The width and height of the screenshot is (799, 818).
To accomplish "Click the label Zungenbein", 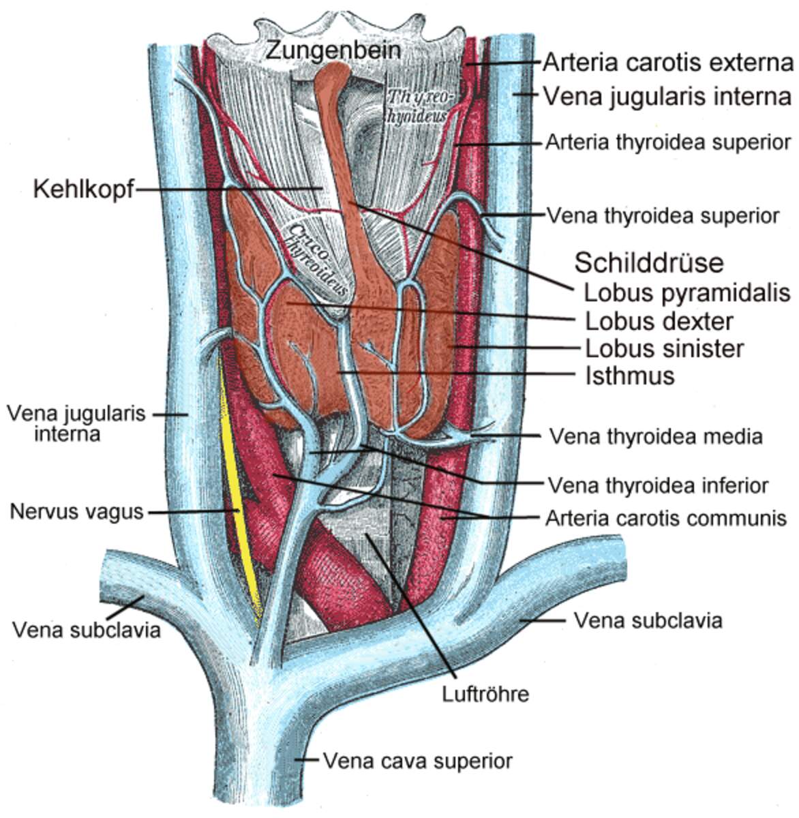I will click(x=333, y=50).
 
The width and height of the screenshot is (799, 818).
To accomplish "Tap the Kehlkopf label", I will click(x=83, y=190).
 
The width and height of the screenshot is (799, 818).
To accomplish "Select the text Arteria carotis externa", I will click(x=668, y=63).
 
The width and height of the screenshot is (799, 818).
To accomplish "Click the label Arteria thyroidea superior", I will click(x=668, y=142).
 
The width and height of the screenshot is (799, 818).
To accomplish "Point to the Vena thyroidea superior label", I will click(x=663, y=216).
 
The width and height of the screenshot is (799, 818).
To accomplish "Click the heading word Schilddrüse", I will click(x=649, y=262).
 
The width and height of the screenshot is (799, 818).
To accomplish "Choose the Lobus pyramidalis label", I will click(x=687, y=292).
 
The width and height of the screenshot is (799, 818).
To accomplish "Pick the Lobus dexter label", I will click(x=659, y=320).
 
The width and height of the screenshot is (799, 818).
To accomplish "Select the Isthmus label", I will click(x=629, y=376).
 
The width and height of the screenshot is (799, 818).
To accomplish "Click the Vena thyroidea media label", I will click(x=656, y=436).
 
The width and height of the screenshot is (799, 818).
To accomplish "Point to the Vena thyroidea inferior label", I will click(x=658, y=485).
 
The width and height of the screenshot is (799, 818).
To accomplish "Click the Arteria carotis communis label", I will click(x=666, y=519).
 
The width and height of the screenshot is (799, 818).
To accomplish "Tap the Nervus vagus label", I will click(x=76, y=511).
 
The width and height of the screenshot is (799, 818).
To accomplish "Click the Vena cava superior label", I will click(x=417, y=760).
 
